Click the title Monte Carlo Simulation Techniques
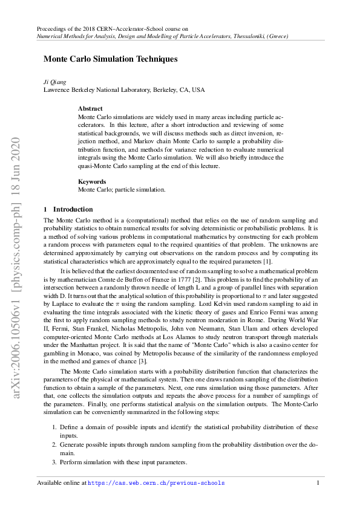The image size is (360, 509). [110, 59]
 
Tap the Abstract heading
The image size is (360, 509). [90, 109]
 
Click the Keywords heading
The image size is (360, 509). [92, 181]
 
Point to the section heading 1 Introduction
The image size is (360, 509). [68, 209]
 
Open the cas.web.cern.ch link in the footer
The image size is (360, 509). [156, 483]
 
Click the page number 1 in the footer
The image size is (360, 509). [318, 483]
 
